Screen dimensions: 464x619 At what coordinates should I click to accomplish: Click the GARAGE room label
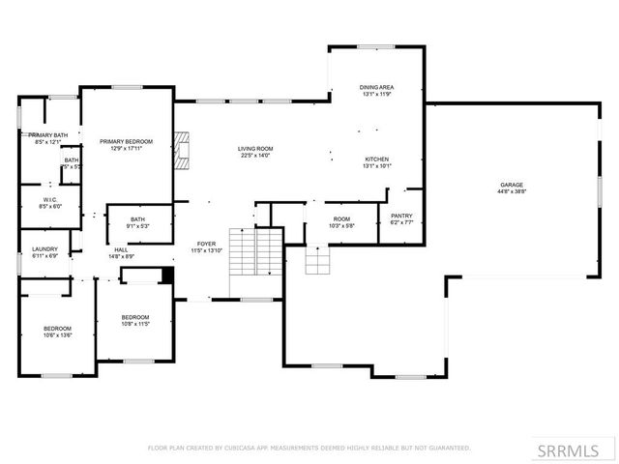click(512, 185)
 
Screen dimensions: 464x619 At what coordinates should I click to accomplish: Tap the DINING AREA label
click(377, 87)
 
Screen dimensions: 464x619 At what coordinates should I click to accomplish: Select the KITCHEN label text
click(377, 159)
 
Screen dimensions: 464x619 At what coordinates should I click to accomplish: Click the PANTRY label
click(401, 216)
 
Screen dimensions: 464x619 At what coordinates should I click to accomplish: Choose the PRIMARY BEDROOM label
click(127, 142)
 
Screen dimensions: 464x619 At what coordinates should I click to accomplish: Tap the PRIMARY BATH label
click(47, 135)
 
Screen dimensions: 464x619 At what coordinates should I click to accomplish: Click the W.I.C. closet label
click(51, 200)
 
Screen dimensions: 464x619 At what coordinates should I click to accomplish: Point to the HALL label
click(121, 249)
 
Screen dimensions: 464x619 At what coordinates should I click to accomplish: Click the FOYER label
click(207, 244)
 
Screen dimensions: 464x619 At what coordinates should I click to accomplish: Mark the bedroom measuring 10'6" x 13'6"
click(57, 330)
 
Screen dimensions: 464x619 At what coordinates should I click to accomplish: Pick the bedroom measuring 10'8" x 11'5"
click(135, 317)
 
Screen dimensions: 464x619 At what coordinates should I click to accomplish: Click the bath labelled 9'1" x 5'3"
click(138, 219)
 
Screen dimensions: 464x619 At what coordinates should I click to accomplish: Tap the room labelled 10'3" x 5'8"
click(342, 218)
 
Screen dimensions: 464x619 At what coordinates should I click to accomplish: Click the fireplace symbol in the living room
click(181, 150)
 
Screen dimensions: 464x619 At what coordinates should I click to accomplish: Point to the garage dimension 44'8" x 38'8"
click(512, 191)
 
